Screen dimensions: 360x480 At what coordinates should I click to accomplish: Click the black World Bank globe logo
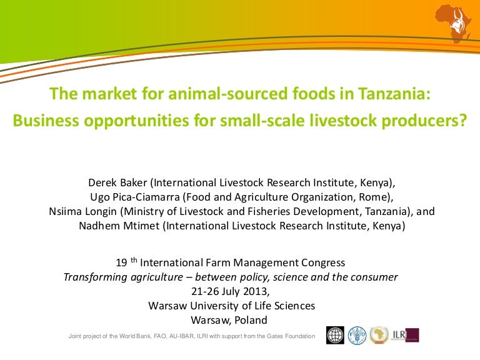point(336,336)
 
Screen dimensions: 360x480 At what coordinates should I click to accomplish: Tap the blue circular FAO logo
point(357,336)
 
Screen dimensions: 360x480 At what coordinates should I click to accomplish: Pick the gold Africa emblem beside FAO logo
point(379,336)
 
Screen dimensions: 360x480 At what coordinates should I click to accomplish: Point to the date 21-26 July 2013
point(231,291)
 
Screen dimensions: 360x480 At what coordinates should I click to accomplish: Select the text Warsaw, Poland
point(231,320)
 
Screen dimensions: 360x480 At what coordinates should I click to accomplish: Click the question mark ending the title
point(462,120)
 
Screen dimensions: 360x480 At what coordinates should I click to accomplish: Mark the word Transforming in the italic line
point(94,277)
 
